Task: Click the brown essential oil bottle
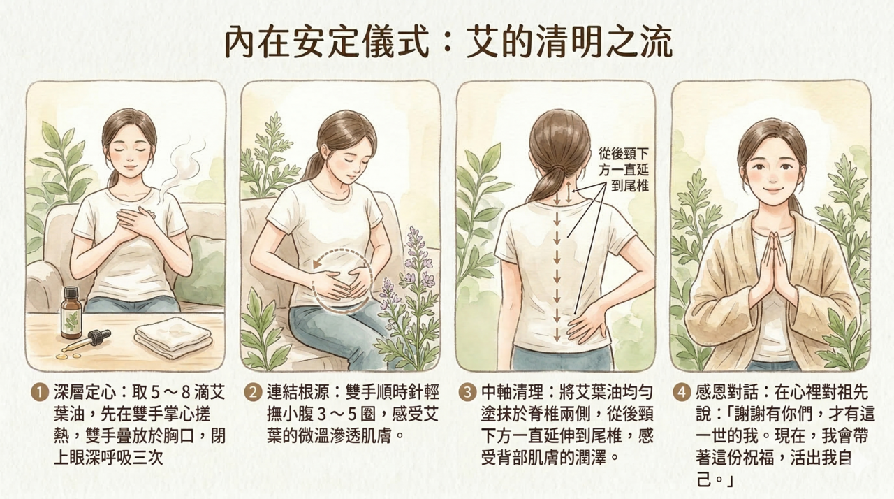point(71,312)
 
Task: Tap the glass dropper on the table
point(85,342)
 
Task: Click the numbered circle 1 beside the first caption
point(39,393)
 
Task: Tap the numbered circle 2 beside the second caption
point(253,393)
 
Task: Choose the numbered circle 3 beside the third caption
point(467,393)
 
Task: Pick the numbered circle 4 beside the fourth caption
point(682,393)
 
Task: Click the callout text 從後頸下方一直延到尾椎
point(624,170)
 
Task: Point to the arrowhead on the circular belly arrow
point(317,264)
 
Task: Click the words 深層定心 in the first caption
point(85,393)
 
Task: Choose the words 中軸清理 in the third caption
point(513,393)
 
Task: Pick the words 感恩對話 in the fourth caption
point(728,393)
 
